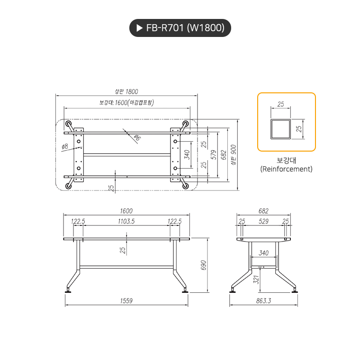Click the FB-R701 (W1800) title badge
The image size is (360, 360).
click(180, 28)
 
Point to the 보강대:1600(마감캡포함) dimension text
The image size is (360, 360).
click(126, 102)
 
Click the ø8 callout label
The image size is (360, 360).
click(65, 147)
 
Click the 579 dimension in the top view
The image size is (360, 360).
click(214, 154)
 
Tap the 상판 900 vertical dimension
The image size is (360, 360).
click(233, 154)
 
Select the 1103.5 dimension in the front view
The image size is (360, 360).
click(126, 221)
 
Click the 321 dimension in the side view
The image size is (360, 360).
click(256, 280)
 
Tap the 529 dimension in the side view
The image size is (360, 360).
click(263, 221)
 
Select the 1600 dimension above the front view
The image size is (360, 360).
click(126, 211)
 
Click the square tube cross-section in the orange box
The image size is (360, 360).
click(281, 129)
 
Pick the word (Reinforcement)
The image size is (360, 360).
click(286, 169)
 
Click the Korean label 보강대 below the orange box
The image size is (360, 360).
click(286, 160)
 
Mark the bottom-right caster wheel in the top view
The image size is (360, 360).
click(185, 185)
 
